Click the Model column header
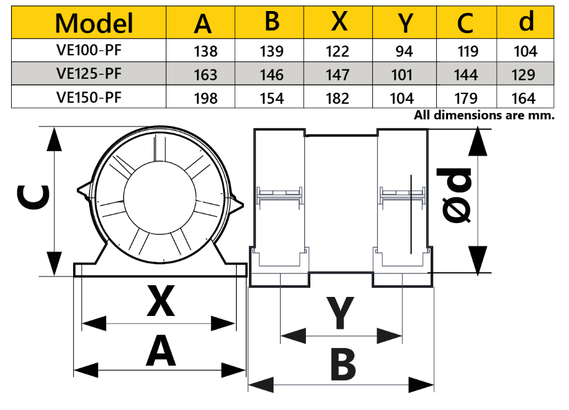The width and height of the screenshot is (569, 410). click(x=94, y=23)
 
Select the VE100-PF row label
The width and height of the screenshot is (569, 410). click(x=88, y=51)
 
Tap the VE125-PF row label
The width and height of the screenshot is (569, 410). click(x=88, y=74)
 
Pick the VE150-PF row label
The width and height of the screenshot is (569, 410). click(x=88, y=97)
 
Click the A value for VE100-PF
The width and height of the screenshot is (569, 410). click(x=205, y=52)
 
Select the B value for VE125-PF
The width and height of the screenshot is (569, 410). click(x=272, y=75)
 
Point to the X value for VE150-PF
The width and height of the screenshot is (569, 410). click(x=337, y=98)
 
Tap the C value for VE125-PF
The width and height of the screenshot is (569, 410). click(x=465, y=75)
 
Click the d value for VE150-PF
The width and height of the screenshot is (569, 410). click(x=525, y=98)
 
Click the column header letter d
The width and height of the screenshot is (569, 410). click(x=526, y=22)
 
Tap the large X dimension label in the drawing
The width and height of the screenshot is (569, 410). click(x=160, y=301)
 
